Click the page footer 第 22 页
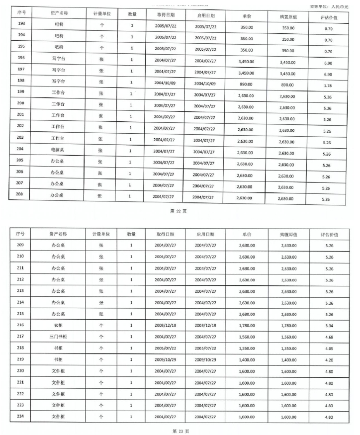(x=179, y=211)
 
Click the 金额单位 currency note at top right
(x=330, y=7)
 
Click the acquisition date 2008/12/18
(x=166, y=325)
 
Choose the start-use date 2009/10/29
(x=204, y=360)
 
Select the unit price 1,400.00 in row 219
(x=247, y=360)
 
